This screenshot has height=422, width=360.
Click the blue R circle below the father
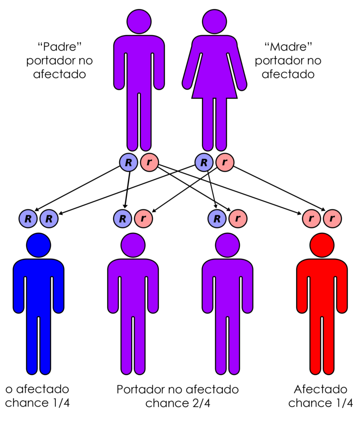pyautogui.click(x=128, y=162)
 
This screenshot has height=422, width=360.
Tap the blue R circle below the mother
pyautogui.click(x=204, y=162)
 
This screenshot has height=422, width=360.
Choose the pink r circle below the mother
pyautogui.click(x=225, y=162)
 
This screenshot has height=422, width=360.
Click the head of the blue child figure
pyautogui.click(x=39, y=245)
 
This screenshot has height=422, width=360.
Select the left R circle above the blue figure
pyautogui.click(x=28, y=219)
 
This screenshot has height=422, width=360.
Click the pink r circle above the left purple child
pyautogui.click(x=143, y=219)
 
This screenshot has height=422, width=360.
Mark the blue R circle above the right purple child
pyautogui.click(x=217, y=219)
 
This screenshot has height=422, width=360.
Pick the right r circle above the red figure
pyautogui.click(x=332, y=219)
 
